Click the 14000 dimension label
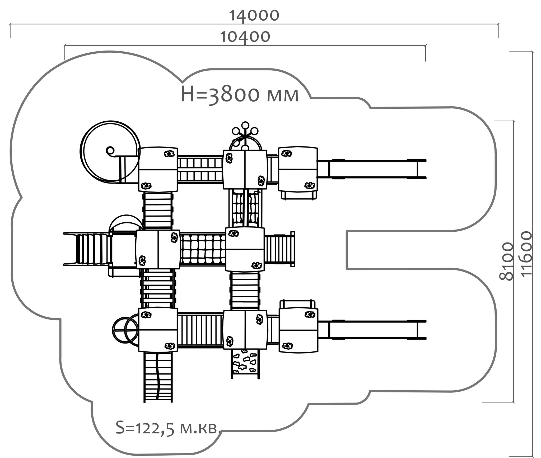[254, 16]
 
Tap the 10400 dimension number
[245, 37]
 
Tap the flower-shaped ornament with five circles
[245, 132]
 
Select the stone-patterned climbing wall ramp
[245, 364]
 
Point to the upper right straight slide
[372, 169]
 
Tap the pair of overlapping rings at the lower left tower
[125, 330]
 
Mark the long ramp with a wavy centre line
[158, 377]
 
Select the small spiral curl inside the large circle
[110, 151]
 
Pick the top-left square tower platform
[158, 169]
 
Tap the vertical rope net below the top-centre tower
[245, 208]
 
